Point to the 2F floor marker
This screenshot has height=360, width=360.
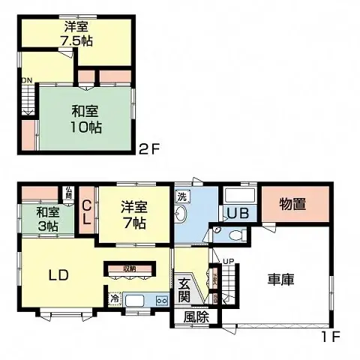click(x=148, y=148)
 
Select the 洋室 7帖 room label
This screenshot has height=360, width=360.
click(x=134, y=213)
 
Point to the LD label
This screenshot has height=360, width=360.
click(x=59, y=274)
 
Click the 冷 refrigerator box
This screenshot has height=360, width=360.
click(x=115, y=299)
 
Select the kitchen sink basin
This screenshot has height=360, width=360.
click(x=136, y=300)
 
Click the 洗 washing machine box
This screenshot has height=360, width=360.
click(x=181, y=196)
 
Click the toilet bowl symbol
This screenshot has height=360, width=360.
click(x=235, y=234)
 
